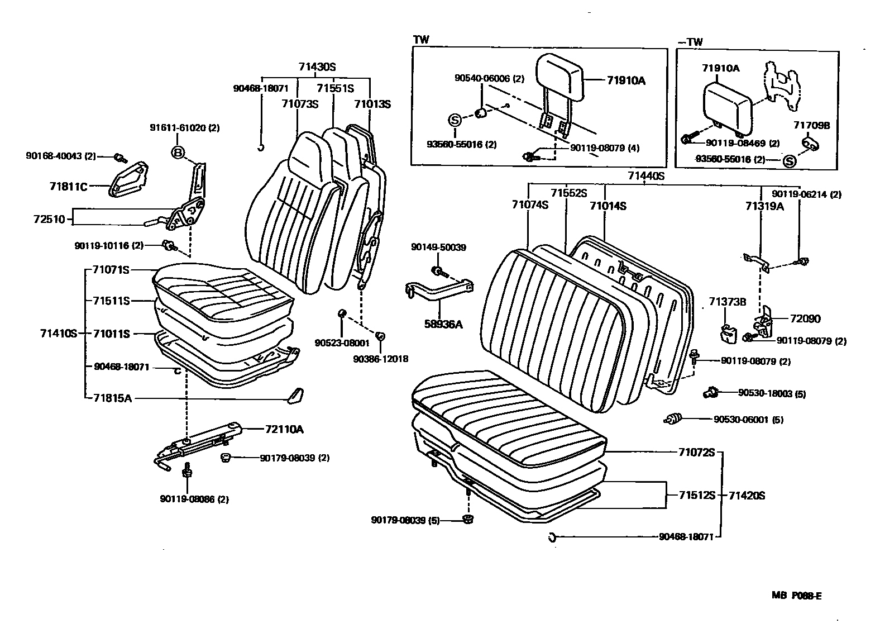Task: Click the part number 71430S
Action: [x=317, y=67]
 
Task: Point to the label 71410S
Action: [x=58, y=334]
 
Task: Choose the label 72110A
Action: [x=284, y=429]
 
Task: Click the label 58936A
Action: [x=443, y=323]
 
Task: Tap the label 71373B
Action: [x=728, y=302]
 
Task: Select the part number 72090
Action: [x=805, y=318]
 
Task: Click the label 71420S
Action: [x=747, y=495]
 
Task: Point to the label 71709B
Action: [x=812, y=125]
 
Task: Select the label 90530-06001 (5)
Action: [x=748, y=419]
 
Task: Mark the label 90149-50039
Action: [x=438, y=247]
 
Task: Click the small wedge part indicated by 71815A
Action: [x=294, y=394]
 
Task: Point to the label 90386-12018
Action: [x=380, y=359]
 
